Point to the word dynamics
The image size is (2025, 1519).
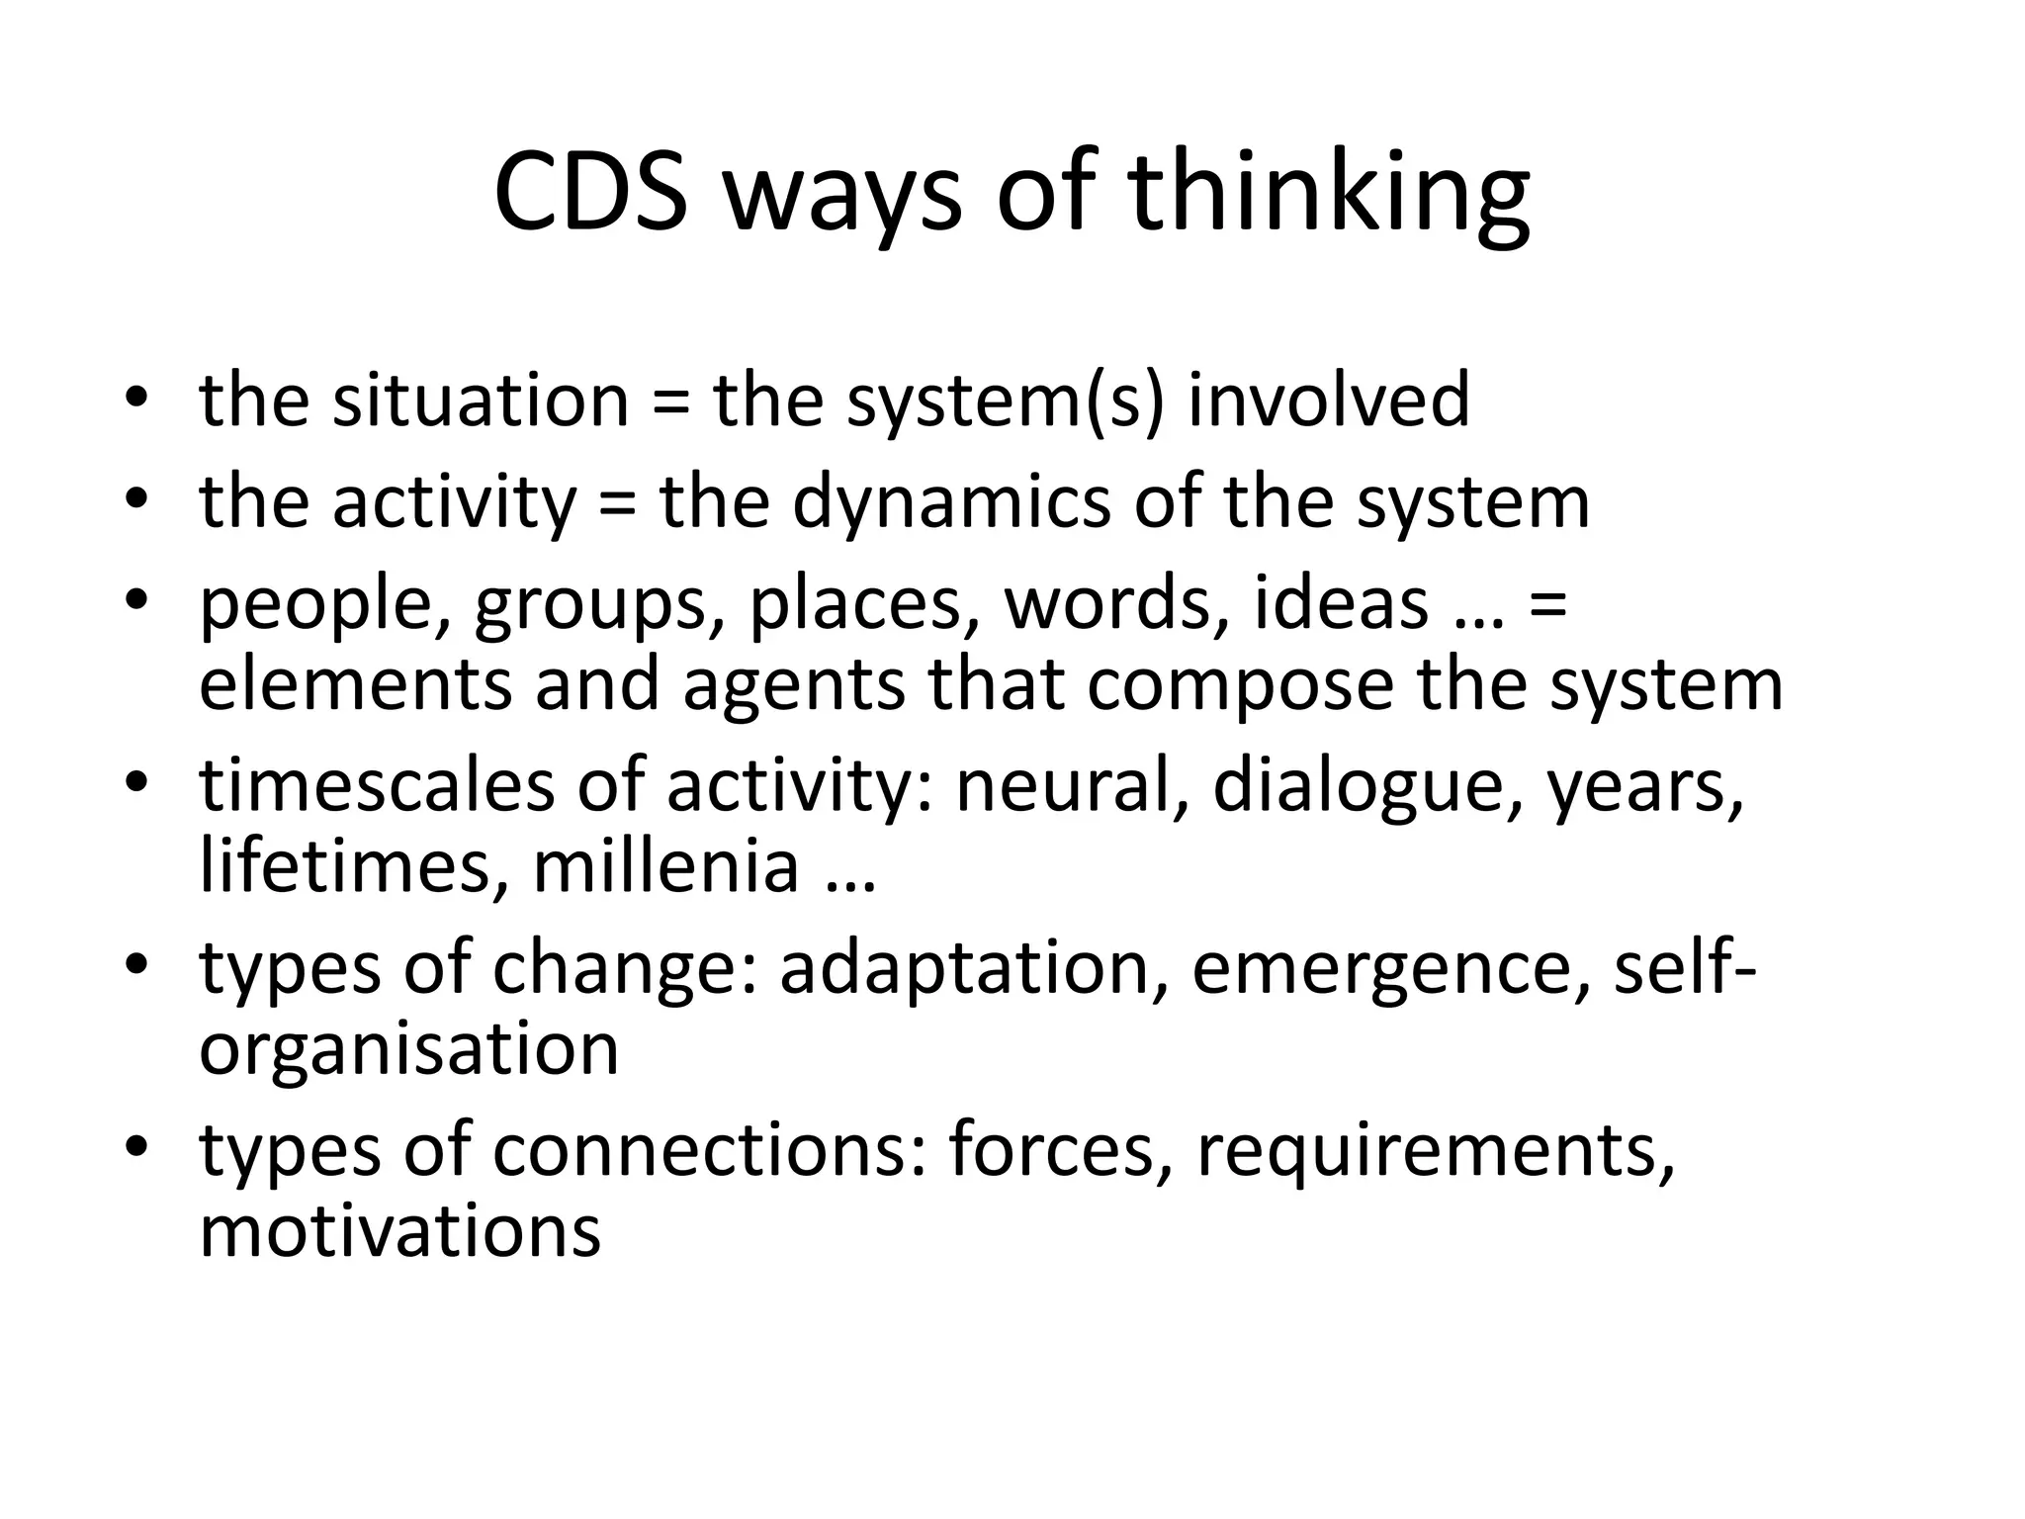tap(951, 502)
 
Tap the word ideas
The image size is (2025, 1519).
tap(1341, 603)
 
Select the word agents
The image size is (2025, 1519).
tap(794, 685)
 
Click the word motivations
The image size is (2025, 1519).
tap(399, 1231)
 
